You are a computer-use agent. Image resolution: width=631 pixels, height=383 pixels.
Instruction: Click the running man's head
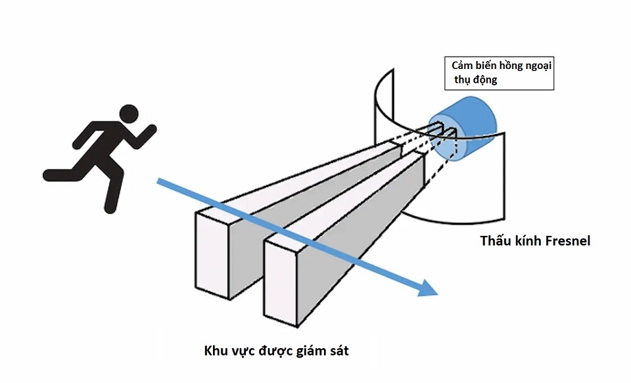tap(130, 114)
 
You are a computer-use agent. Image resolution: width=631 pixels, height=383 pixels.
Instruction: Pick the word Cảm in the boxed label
tap(463, 66)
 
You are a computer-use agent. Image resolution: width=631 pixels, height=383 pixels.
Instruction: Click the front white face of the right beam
tap(279, 282)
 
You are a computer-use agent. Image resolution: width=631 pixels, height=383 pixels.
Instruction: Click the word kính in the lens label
tap(525, 241)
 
